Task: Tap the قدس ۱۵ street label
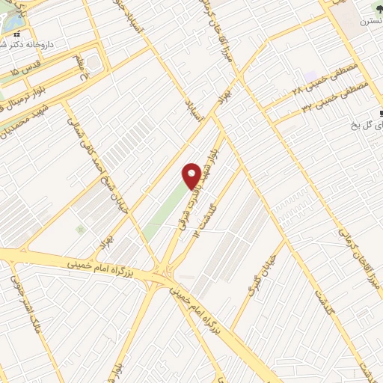(x=39, y=67)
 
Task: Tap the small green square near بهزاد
(x=80, y=228)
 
